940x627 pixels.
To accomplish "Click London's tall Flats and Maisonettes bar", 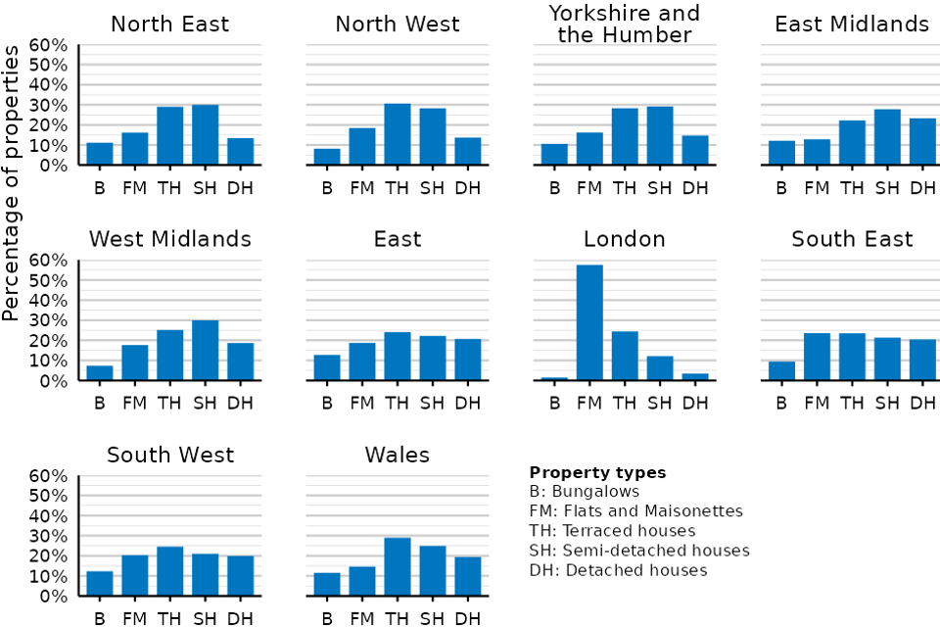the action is (x=589, y=322).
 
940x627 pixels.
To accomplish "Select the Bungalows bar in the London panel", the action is (x=554, y=378).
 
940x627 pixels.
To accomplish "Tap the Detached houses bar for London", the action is (x=695, y=377).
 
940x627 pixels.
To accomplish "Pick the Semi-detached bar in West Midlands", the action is (x=205, y=351).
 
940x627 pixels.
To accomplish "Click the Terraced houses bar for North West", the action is (x=398, y=134).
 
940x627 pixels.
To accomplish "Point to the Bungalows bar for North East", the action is (x=100, y=154).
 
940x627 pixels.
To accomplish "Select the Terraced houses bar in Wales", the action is (x=398, y=567).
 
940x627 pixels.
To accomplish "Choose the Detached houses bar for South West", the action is (x=241, y=576).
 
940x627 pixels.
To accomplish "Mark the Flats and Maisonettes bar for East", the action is (x=362, y=362).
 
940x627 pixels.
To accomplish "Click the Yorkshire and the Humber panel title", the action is (x=624, y=24).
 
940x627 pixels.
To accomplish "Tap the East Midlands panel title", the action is (x=852, y=24).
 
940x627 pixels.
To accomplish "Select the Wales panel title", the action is (x=398, y=455).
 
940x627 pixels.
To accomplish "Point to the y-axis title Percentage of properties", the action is (x=11, y=183).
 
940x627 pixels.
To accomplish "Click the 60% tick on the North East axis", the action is (x=48, y=46).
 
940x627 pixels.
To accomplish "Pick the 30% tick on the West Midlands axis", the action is (x=48, y=320).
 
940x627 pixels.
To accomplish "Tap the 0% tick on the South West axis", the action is (x=54, y=597).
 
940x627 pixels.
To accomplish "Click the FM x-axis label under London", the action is (x=589, y=404).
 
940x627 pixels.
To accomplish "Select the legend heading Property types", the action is (x=597, y=473).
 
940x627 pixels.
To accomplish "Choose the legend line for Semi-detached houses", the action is (x=639, y=551).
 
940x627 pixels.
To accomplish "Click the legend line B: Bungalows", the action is (x=585, y=492).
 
